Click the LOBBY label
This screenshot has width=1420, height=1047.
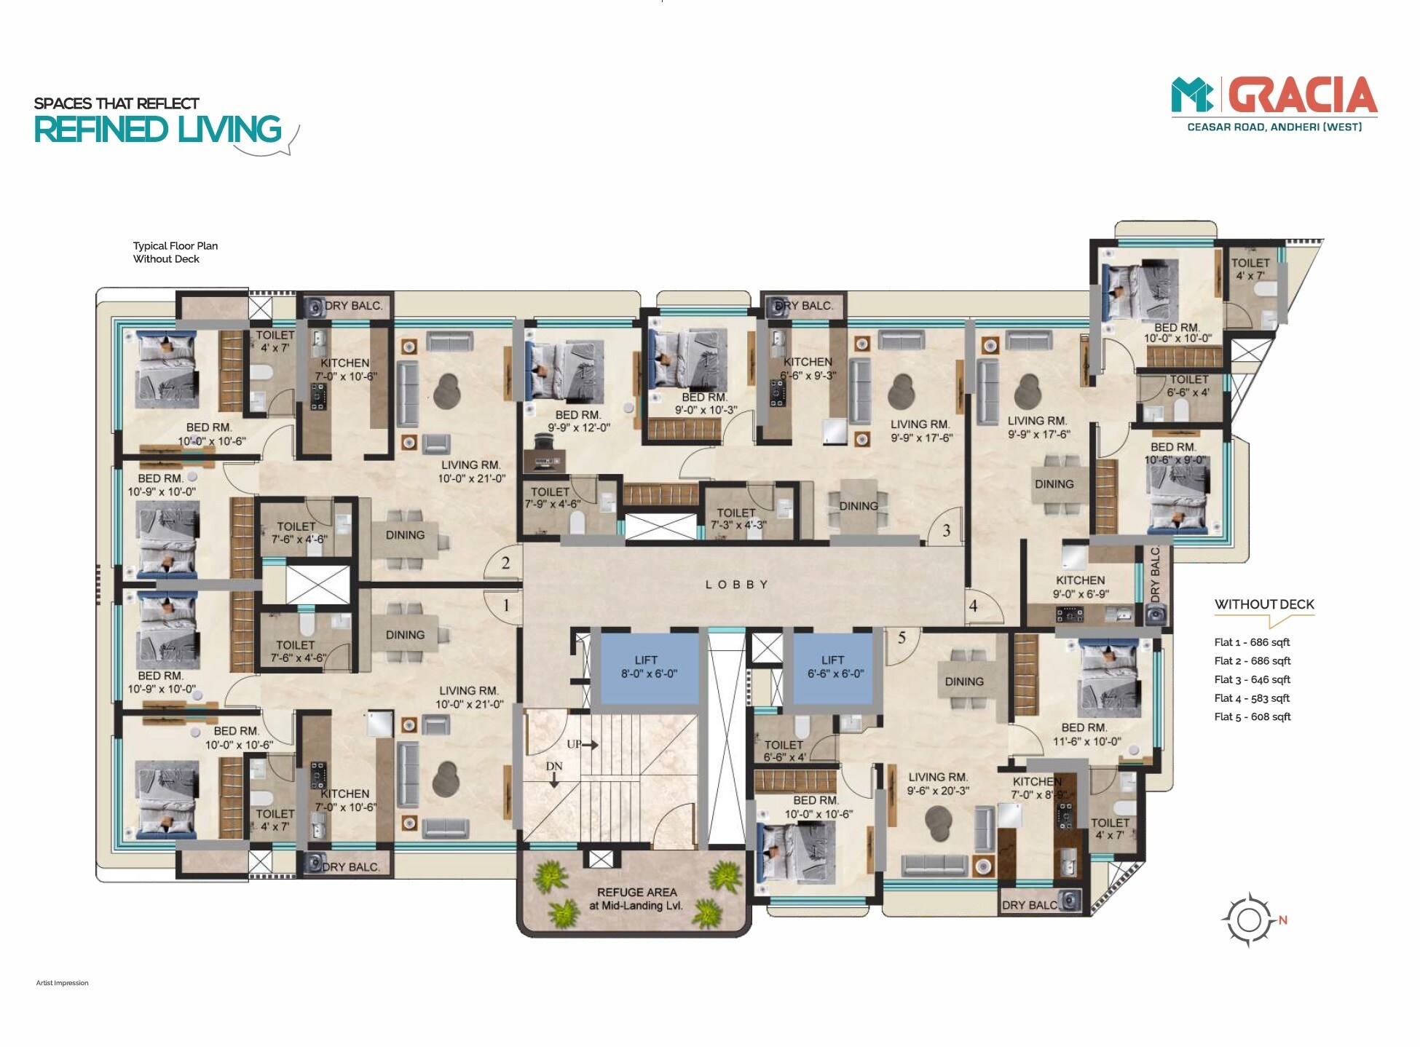[x=736, y=585]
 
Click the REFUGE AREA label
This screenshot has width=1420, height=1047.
[x=636, y=898]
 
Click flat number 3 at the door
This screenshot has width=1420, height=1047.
[x=946, y=531]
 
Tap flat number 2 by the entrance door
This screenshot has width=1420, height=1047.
[x=505, y=563]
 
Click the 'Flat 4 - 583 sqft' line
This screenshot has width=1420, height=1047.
[x=1251, y=698]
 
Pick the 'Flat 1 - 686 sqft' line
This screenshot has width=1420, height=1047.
[x=1251, y=642]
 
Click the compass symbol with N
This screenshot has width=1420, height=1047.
[x=1250, y=920]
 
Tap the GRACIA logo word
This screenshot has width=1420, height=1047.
[x=1303, y=96]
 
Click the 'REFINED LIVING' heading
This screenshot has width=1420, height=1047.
[x=157, y=130]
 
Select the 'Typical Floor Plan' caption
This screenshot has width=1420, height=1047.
[x=175, y=246]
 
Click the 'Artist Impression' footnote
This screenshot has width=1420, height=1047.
[x=62, y=983]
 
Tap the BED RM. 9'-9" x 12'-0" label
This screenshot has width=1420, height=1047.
[x=578, y=421]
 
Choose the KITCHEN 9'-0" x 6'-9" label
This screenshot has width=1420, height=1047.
[x=1080, y=587]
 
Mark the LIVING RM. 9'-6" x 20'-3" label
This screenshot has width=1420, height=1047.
[x=937, y=783]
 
